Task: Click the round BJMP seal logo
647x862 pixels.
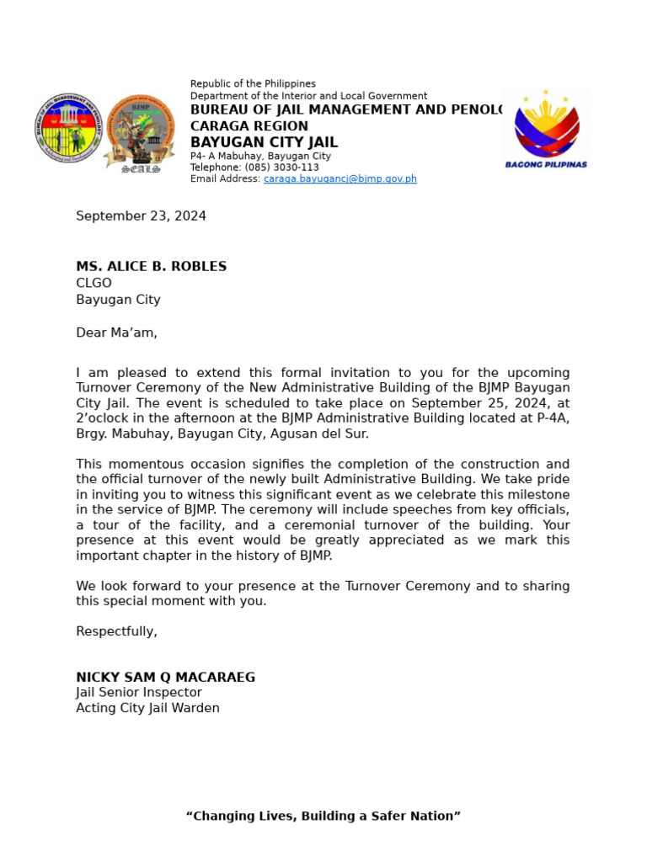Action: [68, 128]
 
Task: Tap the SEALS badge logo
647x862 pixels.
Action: [139, 131]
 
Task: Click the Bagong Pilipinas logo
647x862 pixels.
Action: [546, 129]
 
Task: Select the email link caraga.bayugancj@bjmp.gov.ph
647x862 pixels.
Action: [340, 179]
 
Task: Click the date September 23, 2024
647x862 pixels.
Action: [141, 216]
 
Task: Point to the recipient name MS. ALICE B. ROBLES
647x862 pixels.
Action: [151, 267]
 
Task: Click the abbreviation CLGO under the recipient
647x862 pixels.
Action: [94, 284]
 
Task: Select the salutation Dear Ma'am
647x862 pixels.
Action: [116, 333]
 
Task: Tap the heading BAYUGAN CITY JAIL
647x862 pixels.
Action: [264, 142]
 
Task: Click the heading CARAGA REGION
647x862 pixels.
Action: [249, 126]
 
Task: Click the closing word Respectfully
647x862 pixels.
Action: [116, 631]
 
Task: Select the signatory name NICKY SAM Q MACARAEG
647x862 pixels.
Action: [165, 678]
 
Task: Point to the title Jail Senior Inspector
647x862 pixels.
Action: [139, 693]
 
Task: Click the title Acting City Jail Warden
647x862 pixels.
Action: [147, 708]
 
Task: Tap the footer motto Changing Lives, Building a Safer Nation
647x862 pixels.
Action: [323, 816]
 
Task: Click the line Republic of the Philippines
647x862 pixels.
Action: [253, 84]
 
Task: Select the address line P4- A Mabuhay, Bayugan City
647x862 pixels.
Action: [260, 156]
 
